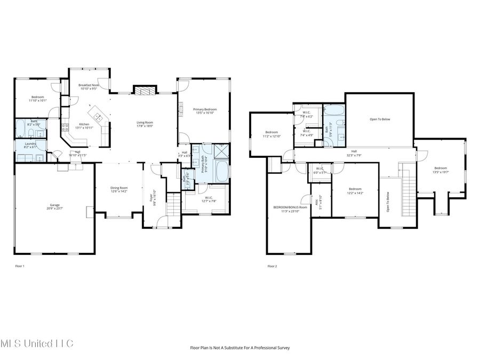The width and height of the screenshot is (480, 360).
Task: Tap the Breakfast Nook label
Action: pos(89,85)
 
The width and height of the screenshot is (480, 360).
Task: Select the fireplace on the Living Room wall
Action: pos(144,91)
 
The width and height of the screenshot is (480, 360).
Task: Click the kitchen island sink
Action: pos(98,116)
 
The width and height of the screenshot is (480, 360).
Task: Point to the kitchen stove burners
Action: pos(65,127)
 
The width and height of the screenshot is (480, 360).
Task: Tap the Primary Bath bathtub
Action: pos(221,172)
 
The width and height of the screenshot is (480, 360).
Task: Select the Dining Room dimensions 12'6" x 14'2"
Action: pos(119,191)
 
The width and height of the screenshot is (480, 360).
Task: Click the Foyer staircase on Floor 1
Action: pos(174,205)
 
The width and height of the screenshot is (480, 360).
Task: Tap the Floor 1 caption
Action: pos(19,266)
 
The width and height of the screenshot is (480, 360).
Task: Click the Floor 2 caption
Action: pos(272,266)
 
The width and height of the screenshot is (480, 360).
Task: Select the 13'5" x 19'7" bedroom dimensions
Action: pos(441,172)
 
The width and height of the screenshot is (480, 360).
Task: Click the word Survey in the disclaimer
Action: pos(283,348)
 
